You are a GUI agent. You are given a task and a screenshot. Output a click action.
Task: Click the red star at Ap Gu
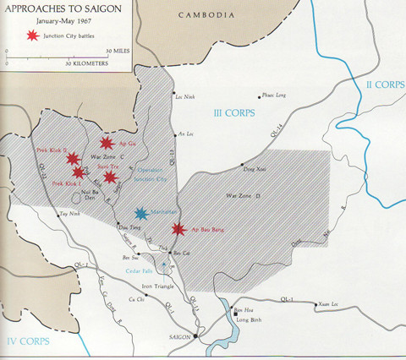point(107,145)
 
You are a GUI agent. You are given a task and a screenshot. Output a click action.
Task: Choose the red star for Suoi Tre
point(109,177)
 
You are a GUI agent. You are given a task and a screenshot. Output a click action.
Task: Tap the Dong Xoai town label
point(255,170)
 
